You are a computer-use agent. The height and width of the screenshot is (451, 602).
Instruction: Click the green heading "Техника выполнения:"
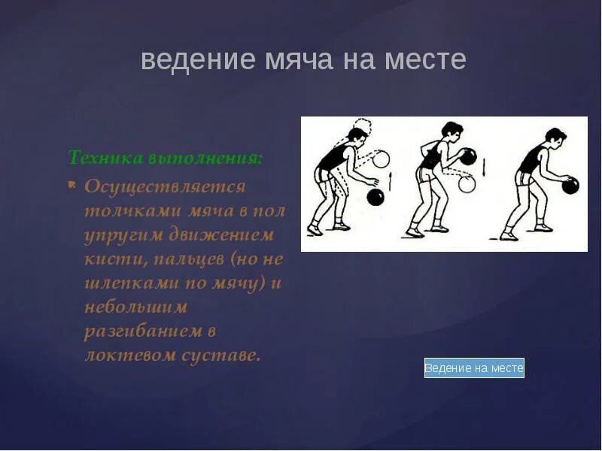pyautogui.click(x=166, y=158)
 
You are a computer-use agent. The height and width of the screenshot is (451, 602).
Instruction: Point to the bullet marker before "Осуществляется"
pyautogui.click(x=71, y=183)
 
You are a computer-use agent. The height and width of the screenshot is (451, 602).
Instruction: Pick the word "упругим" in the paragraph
pyautogui.click(x=123, y=235)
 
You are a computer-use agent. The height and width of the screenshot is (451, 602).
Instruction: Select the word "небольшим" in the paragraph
pyautogui.click(x=136, y=307)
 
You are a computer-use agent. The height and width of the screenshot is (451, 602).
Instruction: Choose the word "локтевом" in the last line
pyautogui.click(x=126, y=355)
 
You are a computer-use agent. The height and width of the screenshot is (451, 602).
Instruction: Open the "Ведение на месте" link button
pyautogui.click(x=474, y=368)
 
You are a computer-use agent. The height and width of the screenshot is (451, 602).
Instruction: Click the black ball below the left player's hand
pyautogui.click(x=375, y=197)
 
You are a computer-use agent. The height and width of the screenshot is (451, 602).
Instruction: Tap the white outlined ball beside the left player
pyautogui.click(x=381, y=159)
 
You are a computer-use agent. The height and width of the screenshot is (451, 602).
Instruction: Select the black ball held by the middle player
pyautogui.click(x=468, y=157)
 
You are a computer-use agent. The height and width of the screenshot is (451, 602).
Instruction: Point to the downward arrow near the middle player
pyautogui.click(x=484, y=165)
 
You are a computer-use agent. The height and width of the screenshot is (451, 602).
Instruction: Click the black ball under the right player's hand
pyautogui.click(x=570, y=185)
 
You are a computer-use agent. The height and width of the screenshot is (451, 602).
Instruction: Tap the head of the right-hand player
pyautogui.click(x=555, y=138)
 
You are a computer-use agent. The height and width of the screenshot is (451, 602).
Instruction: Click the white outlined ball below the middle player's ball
pyautogui.click(x=467, y=184)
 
